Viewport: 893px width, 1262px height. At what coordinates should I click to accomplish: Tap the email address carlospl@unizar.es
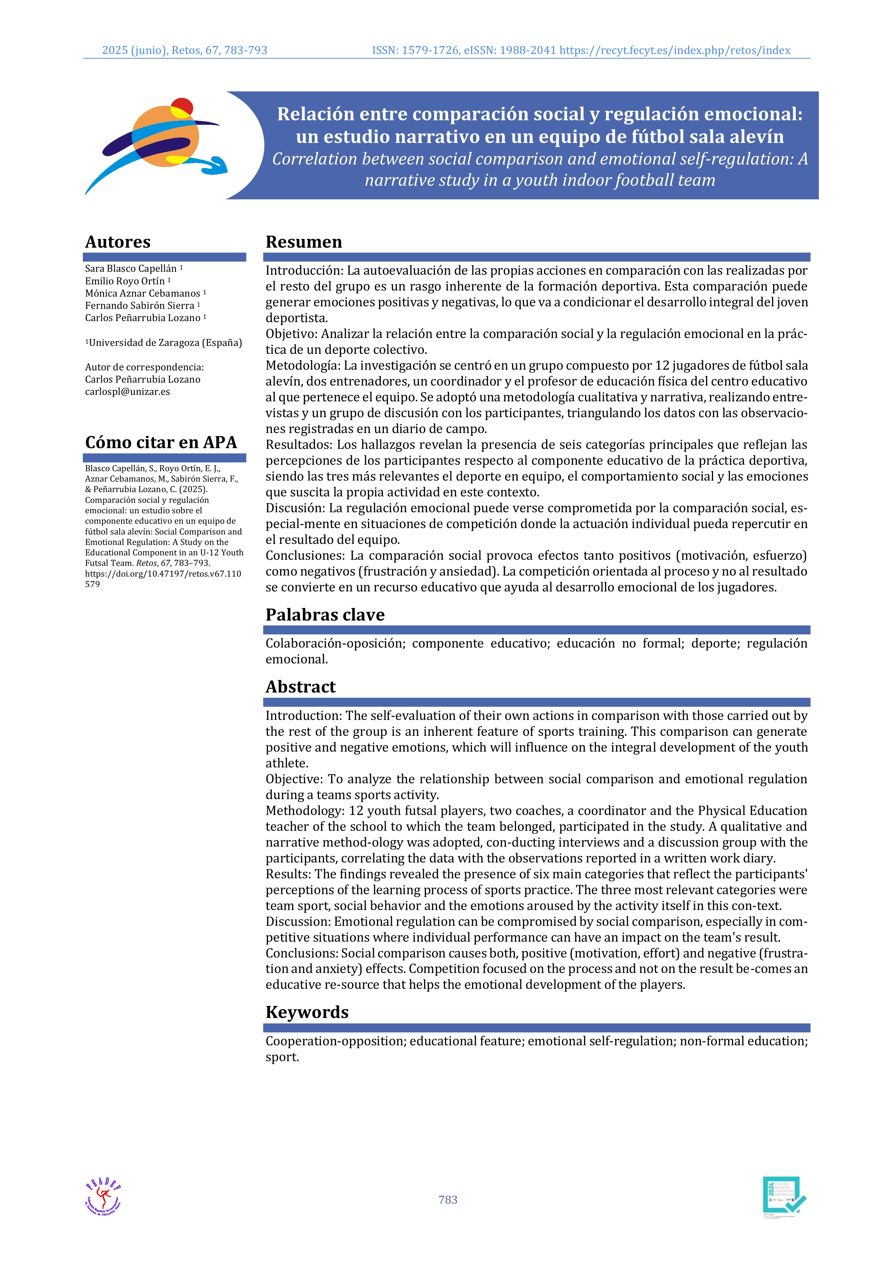point(127,392)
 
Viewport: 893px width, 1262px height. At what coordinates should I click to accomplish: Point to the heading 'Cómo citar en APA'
point(161,443)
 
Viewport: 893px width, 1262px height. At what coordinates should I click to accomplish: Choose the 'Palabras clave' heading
point(325,615)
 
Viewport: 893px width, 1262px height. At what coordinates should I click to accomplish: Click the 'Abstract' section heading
point(300,687)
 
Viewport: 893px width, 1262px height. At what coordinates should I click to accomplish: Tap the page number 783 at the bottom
point(448,1199)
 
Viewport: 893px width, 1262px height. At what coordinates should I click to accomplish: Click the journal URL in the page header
point(675,51)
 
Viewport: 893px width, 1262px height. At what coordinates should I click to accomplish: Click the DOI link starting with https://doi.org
point(163,574)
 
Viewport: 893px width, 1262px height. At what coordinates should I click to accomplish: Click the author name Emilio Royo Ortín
point(125,281)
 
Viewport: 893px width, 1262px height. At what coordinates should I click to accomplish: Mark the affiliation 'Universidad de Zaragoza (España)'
point(165,343)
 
